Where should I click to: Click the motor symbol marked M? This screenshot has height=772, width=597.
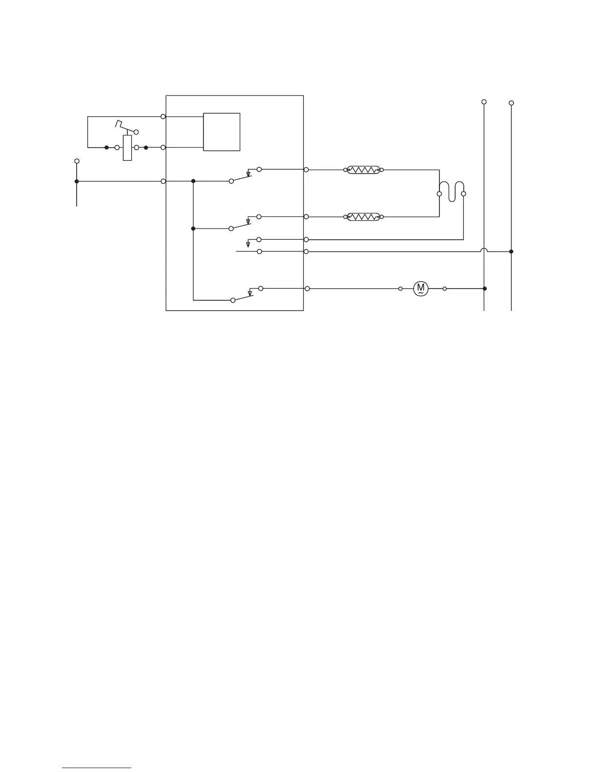[420, 289]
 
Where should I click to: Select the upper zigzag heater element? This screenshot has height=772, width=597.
[363, 170]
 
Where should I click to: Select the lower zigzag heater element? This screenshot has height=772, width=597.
[363, 216]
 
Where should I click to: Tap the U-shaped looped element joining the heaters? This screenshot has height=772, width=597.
[451, 191]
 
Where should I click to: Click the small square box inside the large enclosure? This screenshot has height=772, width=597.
[221, 132]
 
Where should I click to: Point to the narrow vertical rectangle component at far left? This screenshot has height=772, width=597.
[127, 148]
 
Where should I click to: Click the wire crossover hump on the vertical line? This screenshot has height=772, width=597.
[484, 251]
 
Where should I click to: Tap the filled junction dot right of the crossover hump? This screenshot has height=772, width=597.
[511, 251]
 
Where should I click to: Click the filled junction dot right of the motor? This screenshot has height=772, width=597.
[484, 289]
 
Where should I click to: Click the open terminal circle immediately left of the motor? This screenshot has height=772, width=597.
[400, 289]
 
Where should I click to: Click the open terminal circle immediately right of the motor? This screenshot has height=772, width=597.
[445, 289]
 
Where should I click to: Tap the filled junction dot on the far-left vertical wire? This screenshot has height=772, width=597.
[77, 181]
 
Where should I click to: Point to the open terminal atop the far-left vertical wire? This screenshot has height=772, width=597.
[77, 161]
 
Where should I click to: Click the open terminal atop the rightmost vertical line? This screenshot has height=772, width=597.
[511, 103]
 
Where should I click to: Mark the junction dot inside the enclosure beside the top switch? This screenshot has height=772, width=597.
[193, 181]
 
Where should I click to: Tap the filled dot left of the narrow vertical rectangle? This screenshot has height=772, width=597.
[106, 147]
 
